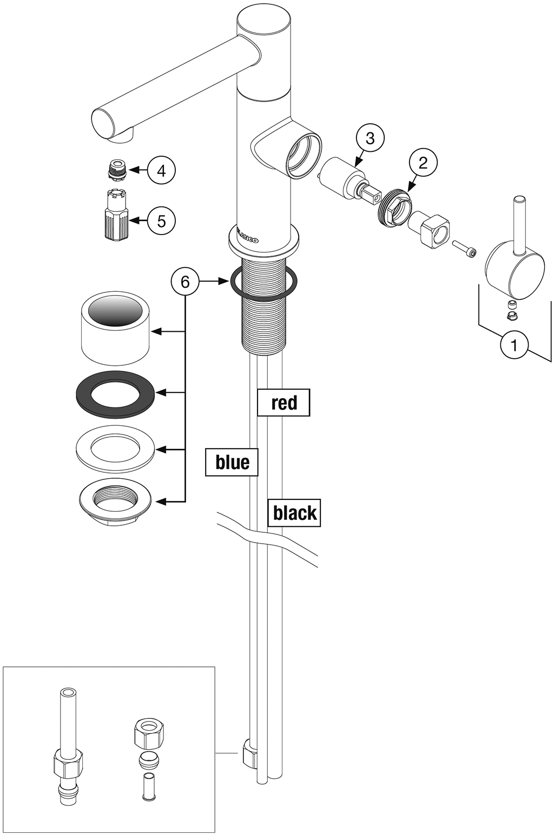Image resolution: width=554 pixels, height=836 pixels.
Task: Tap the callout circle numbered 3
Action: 370,138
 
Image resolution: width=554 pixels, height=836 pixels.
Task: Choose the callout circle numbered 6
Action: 185,281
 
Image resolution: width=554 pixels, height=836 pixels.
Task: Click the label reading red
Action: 283,403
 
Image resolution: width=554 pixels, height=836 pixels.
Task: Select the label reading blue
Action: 232,462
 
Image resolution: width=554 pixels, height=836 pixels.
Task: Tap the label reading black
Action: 294,513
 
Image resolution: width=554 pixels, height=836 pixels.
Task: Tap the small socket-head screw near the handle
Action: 465,249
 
